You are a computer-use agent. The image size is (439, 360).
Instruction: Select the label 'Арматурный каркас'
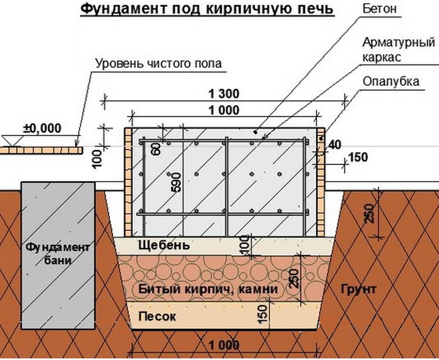click(x=389, y=49)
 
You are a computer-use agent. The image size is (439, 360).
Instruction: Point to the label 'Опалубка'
click(x=392, y=82)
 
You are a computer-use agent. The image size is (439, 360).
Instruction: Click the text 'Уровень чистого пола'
click(x=159, y=64)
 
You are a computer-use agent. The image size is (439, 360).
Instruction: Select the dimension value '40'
click(x=335, y=144)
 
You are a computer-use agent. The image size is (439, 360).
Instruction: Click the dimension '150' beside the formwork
click(x=358, y=157)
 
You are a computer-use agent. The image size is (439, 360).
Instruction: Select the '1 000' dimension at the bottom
click(x=222, y=344)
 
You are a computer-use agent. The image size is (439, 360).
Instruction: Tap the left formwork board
click(x=129, y=181)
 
